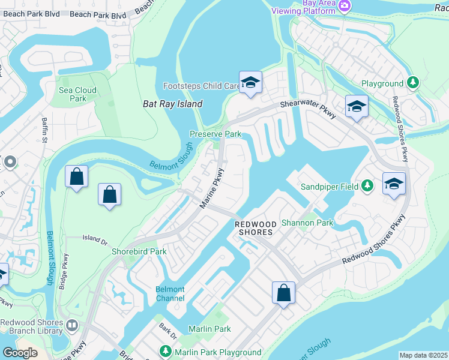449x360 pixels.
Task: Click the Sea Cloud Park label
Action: click(77, 94)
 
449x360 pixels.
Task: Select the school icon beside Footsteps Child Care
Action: click(250, 82)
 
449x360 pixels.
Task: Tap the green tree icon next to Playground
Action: click(412, 82)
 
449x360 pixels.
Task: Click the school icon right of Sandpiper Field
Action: click(394, 183)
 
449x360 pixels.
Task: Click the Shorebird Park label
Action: click(139, 251)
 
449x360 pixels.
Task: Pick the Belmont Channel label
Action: click(170, 293)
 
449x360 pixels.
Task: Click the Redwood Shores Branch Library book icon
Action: click(73, 326)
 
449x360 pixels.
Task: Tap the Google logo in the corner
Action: click(20, 352)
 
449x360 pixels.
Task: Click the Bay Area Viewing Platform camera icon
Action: click(345, 6)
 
